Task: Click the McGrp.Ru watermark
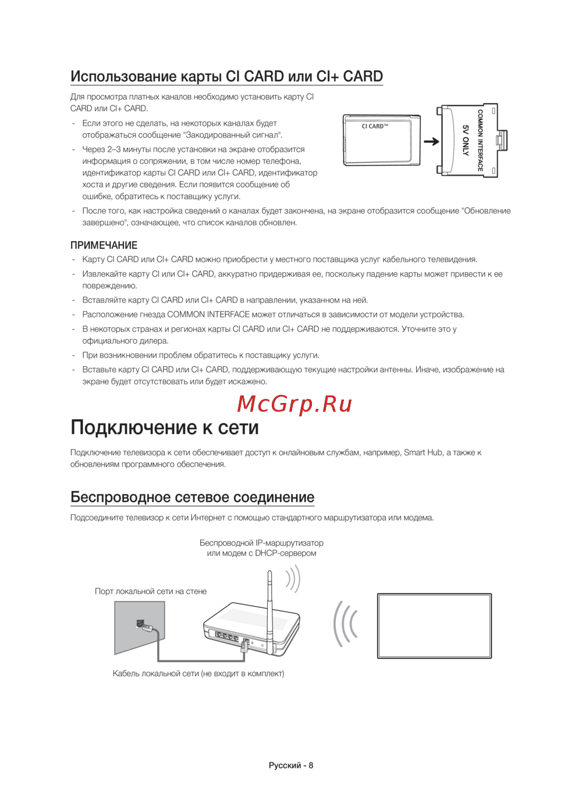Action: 294,404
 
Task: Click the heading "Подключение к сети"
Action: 164,427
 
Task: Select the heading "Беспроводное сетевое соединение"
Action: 192,497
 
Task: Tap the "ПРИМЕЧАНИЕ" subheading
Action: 104,245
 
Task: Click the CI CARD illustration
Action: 382,140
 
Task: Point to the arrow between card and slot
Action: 431,142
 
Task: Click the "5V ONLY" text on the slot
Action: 465,140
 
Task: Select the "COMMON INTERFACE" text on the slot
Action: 480,140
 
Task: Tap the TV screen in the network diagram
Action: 434,626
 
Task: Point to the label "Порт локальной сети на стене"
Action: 151,591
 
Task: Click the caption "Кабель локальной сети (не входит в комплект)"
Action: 198,673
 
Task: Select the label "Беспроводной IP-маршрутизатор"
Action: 261,543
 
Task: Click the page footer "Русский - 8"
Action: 290,765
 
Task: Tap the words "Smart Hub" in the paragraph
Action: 423,453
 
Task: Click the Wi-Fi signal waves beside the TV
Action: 345,624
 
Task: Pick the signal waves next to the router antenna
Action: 293,579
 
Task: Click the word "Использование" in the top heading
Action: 123,76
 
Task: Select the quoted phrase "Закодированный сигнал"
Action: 232,135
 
